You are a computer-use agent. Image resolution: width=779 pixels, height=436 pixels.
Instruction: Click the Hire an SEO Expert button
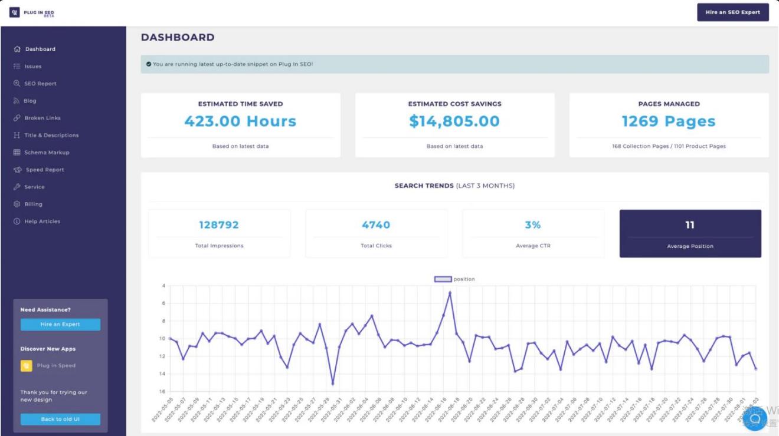[x=732, y=12]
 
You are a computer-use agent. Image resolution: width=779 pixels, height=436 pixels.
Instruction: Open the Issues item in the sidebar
[x=32, y=67]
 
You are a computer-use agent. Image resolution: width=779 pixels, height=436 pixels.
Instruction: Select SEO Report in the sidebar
[x=40, y=84]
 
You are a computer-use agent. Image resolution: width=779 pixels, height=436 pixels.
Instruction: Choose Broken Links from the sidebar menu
[x=42, y=118]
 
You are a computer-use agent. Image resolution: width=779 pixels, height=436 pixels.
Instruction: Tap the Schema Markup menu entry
[x=47, y=153]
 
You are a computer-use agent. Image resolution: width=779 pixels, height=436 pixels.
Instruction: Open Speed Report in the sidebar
[x=45, y=170]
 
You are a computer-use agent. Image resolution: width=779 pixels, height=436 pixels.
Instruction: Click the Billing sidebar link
[x=33, y=204]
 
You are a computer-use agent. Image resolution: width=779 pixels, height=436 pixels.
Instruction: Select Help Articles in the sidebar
[x=42, y=222]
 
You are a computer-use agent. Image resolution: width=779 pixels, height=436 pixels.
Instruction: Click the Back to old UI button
[x=60, y=420]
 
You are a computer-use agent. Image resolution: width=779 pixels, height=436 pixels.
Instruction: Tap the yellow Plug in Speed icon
[x=27, y=366]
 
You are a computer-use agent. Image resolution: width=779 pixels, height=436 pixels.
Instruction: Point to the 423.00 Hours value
[x=240, y=121]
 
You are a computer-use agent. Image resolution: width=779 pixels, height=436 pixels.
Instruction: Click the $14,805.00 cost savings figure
[x=454, y=121]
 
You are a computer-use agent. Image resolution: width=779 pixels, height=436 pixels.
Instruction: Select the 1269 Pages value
[x=669, y=121]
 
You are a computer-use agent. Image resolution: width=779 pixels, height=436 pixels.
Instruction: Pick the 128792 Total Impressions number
[x=219, y=225]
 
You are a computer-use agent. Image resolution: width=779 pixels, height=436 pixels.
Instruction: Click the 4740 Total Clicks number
[x=376, y=225]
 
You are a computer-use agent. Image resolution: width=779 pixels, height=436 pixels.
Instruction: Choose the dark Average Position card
[x=690, y=234]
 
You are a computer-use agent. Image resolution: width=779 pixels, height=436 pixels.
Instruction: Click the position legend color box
[x=443, y=279]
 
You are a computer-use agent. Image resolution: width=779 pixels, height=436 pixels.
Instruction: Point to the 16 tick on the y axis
[x=163, y=392]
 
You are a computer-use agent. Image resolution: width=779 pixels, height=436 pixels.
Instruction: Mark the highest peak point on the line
[x=450, y=292]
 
